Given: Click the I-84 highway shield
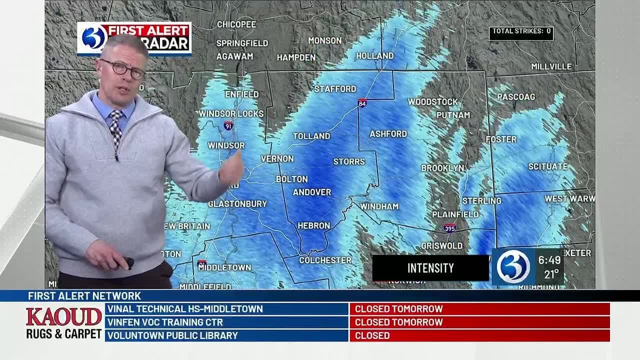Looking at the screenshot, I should (362, 103).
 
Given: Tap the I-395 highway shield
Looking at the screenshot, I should (449, 228).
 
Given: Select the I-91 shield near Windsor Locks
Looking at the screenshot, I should (228, 125).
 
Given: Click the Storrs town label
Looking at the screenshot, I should (349, 161).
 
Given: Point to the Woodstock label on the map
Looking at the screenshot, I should (432, 101).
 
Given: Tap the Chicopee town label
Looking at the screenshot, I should (236, 24).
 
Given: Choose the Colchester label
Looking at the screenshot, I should (325, 260).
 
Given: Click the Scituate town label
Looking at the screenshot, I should (548, 166).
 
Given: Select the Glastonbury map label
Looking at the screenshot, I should (237, 203).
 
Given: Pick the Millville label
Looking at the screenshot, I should (551, 66).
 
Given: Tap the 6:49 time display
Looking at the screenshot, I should (548, 260).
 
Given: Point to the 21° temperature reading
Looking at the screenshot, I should (551, 274).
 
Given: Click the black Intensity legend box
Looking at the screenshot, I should (430, 268).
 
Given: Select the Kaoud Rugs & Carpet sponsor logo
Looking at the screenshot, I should (64, 323).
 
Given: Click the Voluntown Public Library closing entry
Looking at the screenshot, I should (226, 335).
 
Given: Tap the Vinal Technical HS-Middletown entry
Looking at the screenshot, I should (226, 309).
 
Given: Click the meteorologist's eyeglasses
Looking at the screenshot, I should (122, 69).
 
